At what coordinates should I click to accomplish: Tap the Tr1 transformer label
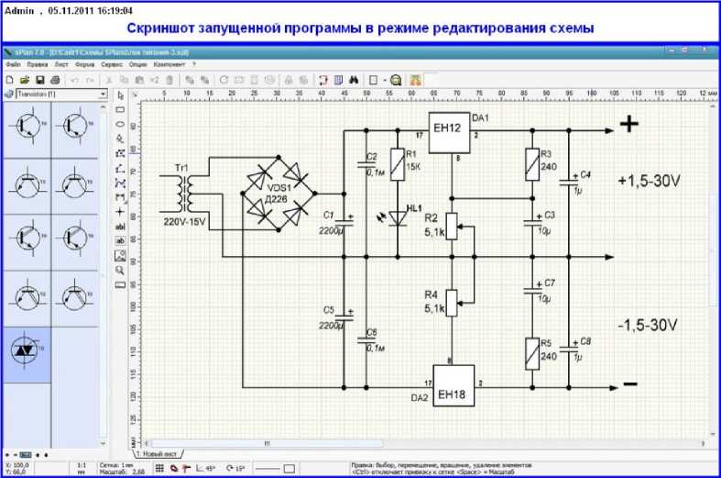pos(181,169)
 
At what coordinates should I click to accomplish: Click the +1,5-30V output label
pos(649,182)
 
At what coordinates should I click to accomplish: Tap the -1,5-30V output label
pos(647,325)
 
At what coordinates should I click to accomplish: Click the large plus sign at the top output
pos(628,125)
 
